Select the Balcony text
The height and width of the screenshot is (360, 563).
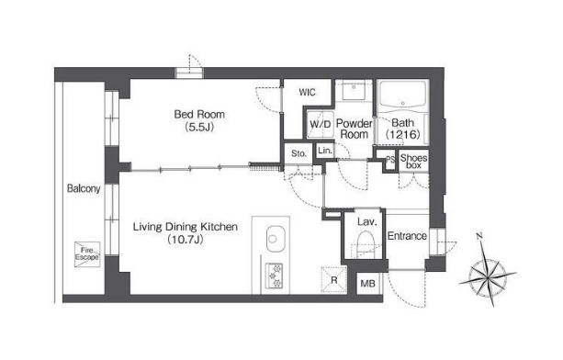(84, 188)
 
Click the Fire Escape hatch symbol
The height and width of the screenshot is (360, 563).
(87, 254)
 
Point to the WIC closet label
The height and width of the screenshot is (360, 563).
(307, 92)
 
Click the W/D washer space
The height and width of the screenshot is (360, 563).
(320, 125)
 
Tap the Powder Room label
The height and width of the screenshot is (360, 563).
(354, 129)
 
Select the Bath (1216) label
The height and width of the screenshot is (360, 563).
(402, 129)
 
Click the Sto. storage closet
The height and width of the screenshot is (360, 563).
(298, 153)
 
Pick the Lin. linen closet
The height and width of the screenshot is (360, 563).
(325, 151)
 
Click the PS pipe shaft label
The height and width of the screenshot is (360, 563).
(390, 160)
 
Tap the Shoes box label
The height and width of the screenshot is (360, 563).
(413, 161)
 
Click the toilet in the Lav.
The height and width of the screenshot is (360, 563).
(366, 243)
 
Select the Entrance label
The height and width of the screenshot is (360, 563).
(407, 236)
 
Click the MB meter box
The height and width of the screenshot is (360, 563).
(367, 284)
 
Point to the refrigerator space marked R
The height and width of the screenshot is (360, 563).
(334, 279)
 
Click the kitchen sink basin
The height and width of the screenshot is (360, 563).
(276, 239)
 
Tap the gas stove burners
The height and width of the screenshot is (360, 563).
(275, 276)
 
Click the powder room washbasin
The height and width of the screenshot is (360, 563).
(354, 90)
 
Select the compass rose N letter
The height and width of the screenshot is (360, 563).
(479, 236)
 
